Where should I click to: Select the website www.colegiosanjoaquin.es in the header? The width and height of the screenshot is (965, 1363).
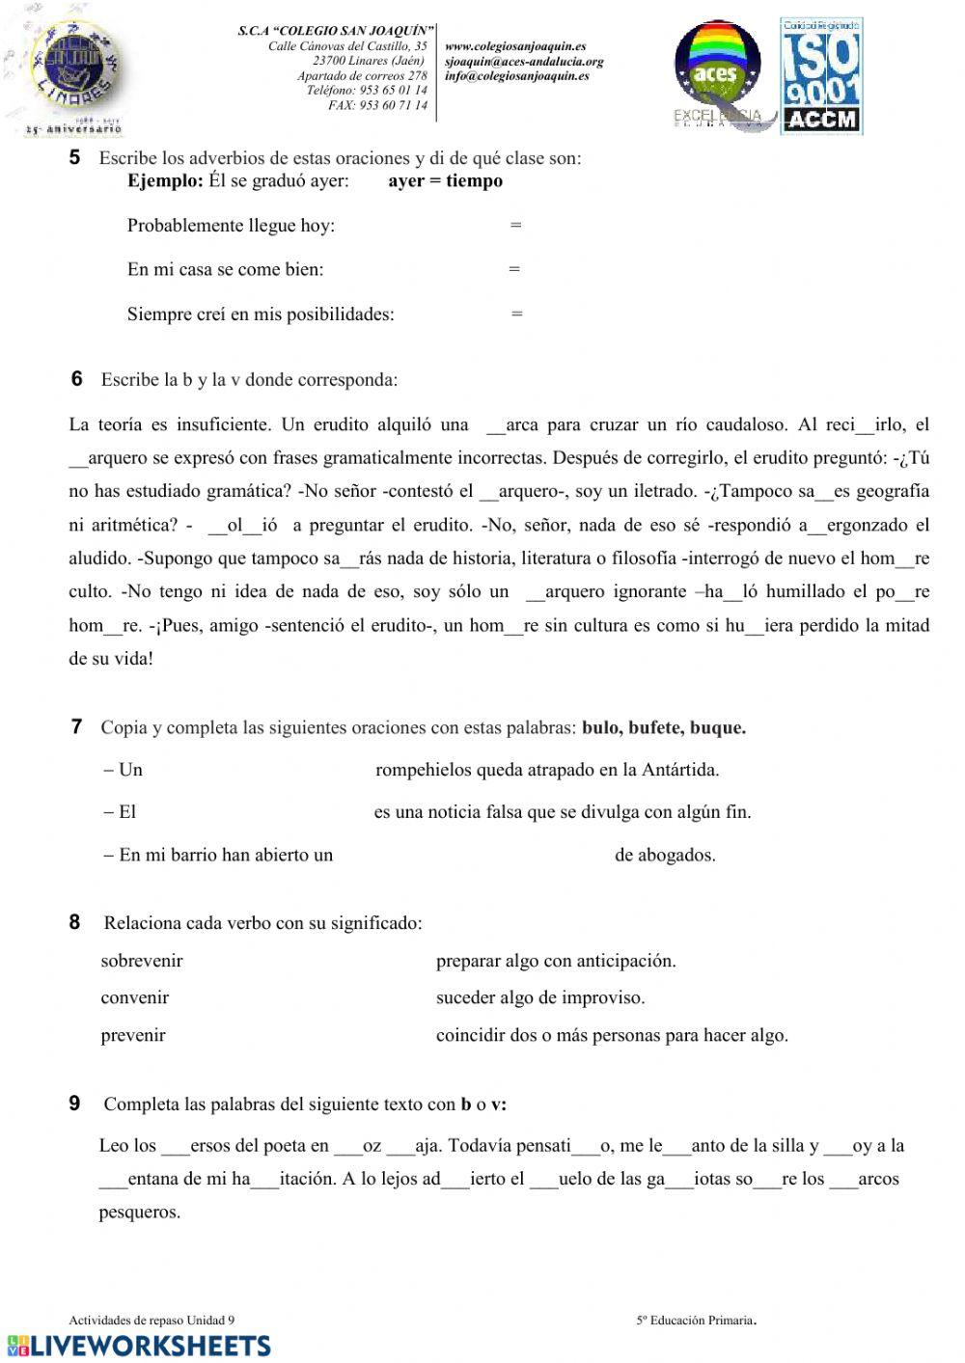pos(515,46)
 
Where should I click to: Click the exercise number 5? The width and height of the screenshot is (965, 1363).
pos(74,157)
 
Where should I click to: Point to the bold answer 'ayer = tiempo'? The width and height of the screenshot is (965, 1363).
pos(445,181)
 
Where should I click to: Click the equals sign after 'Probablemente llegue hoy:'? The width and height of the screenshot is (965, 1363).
pos(515,226)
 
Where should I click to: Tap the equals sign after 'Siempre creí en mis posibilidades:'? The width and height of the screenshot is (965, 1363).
pos(517,313)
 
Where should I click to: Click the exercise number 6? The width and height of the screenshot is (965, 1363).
pos(77,379)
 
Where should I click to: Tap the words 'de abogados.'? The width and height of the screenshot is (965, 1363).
pos(665,855)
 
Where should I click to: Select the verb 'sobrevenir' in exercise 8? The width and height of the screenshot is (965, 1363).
pos(142,961)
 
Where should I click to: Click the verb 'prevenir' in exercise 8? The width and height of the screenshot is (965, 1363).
pos(133,1036)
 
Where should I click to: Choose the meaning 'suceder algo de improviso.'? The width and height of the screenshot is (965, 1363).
pos(540,998)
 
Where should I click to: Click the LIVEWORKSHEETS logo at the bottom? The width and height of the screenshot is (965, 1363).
pos(138,1346)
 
